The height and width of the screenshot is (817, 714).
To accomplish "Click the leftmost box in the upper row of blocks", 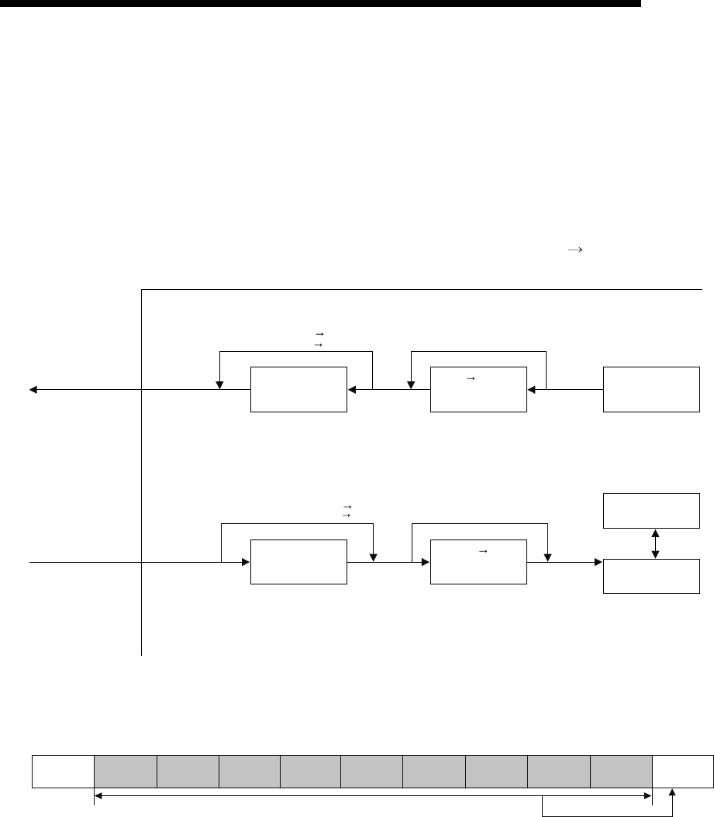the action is (298, 390).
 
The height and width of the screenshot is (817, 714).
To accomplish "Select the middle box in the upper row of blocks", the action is (478, 390).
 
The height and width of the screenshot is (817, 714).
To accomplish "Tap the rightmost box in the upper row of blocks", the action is (650, 390).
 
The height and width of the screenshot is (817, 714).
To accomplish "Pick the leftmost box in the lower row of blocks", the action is (298, 562).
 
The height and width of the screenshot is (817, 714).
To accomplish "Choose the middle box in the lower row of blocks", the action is (478, 562).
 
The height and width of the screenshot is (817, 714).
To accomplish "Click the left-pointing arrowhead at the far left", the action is (34, 389).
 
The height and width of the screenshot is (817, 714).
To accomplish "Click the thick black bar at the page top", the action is (321, 4).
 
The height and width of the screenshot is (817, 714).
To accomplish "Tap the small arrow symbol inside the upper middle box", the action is (470, 377).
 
